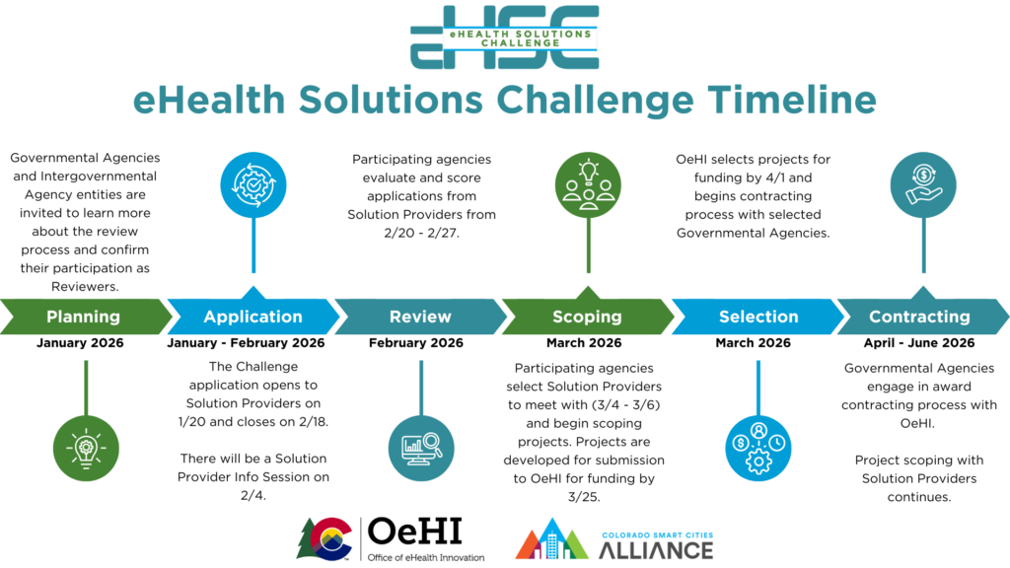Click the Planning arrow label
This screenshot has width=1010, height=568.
point(83,317)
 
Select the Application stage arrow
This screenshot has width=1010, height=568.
point(253,317)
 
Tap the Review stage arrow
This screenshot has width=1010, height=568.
point(420,317)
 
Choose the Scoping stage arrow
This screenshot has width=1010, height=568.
point(588,317)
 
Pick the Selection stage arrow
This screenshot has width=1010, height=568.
point(757,317)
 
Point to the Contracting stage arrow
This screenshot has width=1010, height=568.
point(922,317)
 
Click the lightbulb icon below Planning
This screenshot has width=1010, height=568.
point(86,449)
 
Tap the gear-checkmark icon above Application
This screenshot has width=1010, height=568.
point(253,184)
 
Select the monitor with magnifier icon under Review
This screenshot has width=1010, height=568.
point(421,449)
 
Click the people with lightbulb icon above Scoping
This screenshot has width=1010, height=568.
point(588,184)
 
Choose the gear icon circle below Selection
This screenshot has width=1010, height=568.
point(758,449)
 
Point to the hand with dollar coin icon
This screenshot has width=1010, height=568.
point(923,184)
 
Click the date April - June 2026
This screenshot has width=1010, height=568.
point(919,342)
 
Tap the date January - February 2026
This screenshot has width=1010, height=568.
point(246,342)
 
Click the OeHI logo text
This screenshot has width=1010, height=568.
point(415,532)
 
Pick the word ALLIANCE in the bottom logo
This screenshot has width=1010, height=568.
point(656,550)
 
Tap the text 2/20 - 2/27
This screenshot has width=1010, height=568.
point(422,233)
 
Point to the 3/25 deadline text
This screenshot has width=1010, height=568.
point(584,497)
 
